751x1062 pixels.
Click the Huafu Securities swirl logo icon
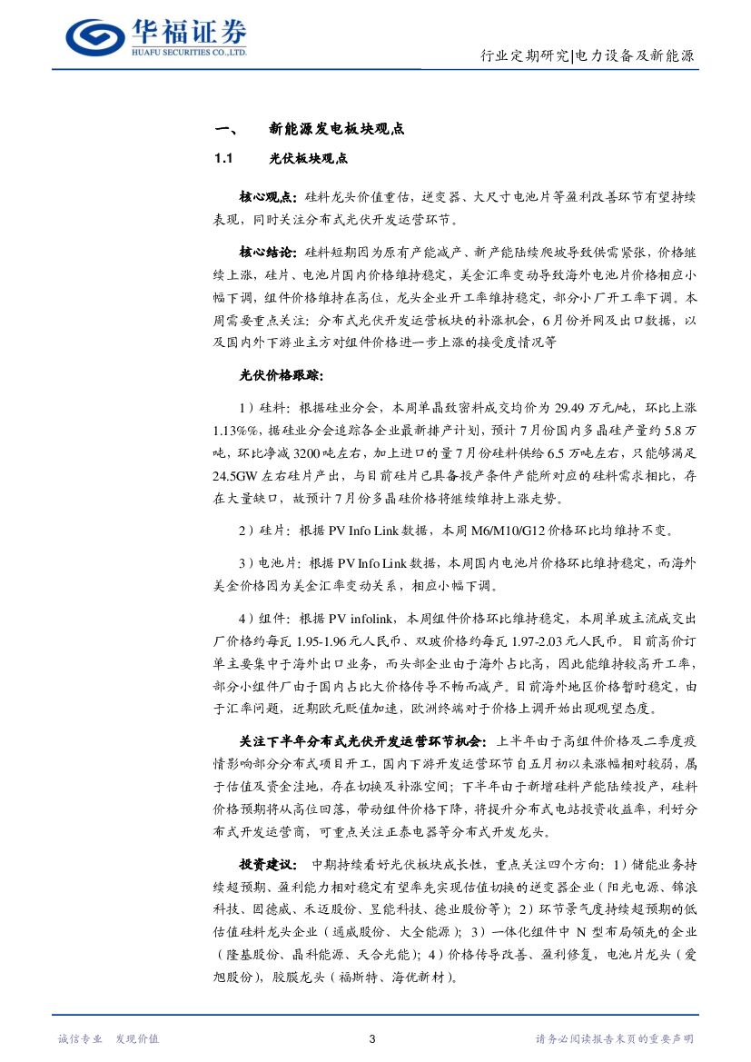[97, 36]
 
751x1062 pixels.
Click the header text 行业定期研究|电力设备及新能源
[588, 56]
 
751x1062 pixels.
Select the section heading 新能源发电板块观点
[336, 129]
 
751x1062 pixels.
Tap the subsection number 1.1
[224, 159]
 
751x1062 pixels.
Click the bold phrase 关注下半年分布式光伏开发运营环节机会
[362, 741]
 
